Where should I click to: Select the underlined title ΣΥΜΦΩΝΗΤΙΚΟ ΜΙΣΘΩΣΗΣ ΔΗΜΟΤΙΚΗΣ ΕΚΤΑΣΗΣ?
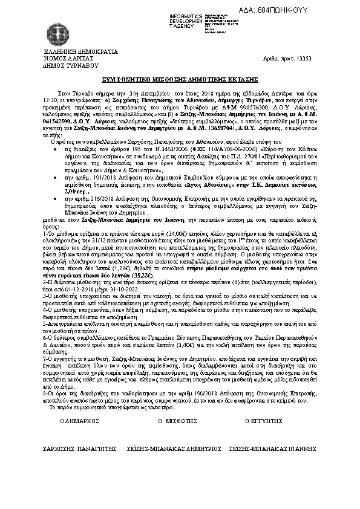(180, 80)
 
